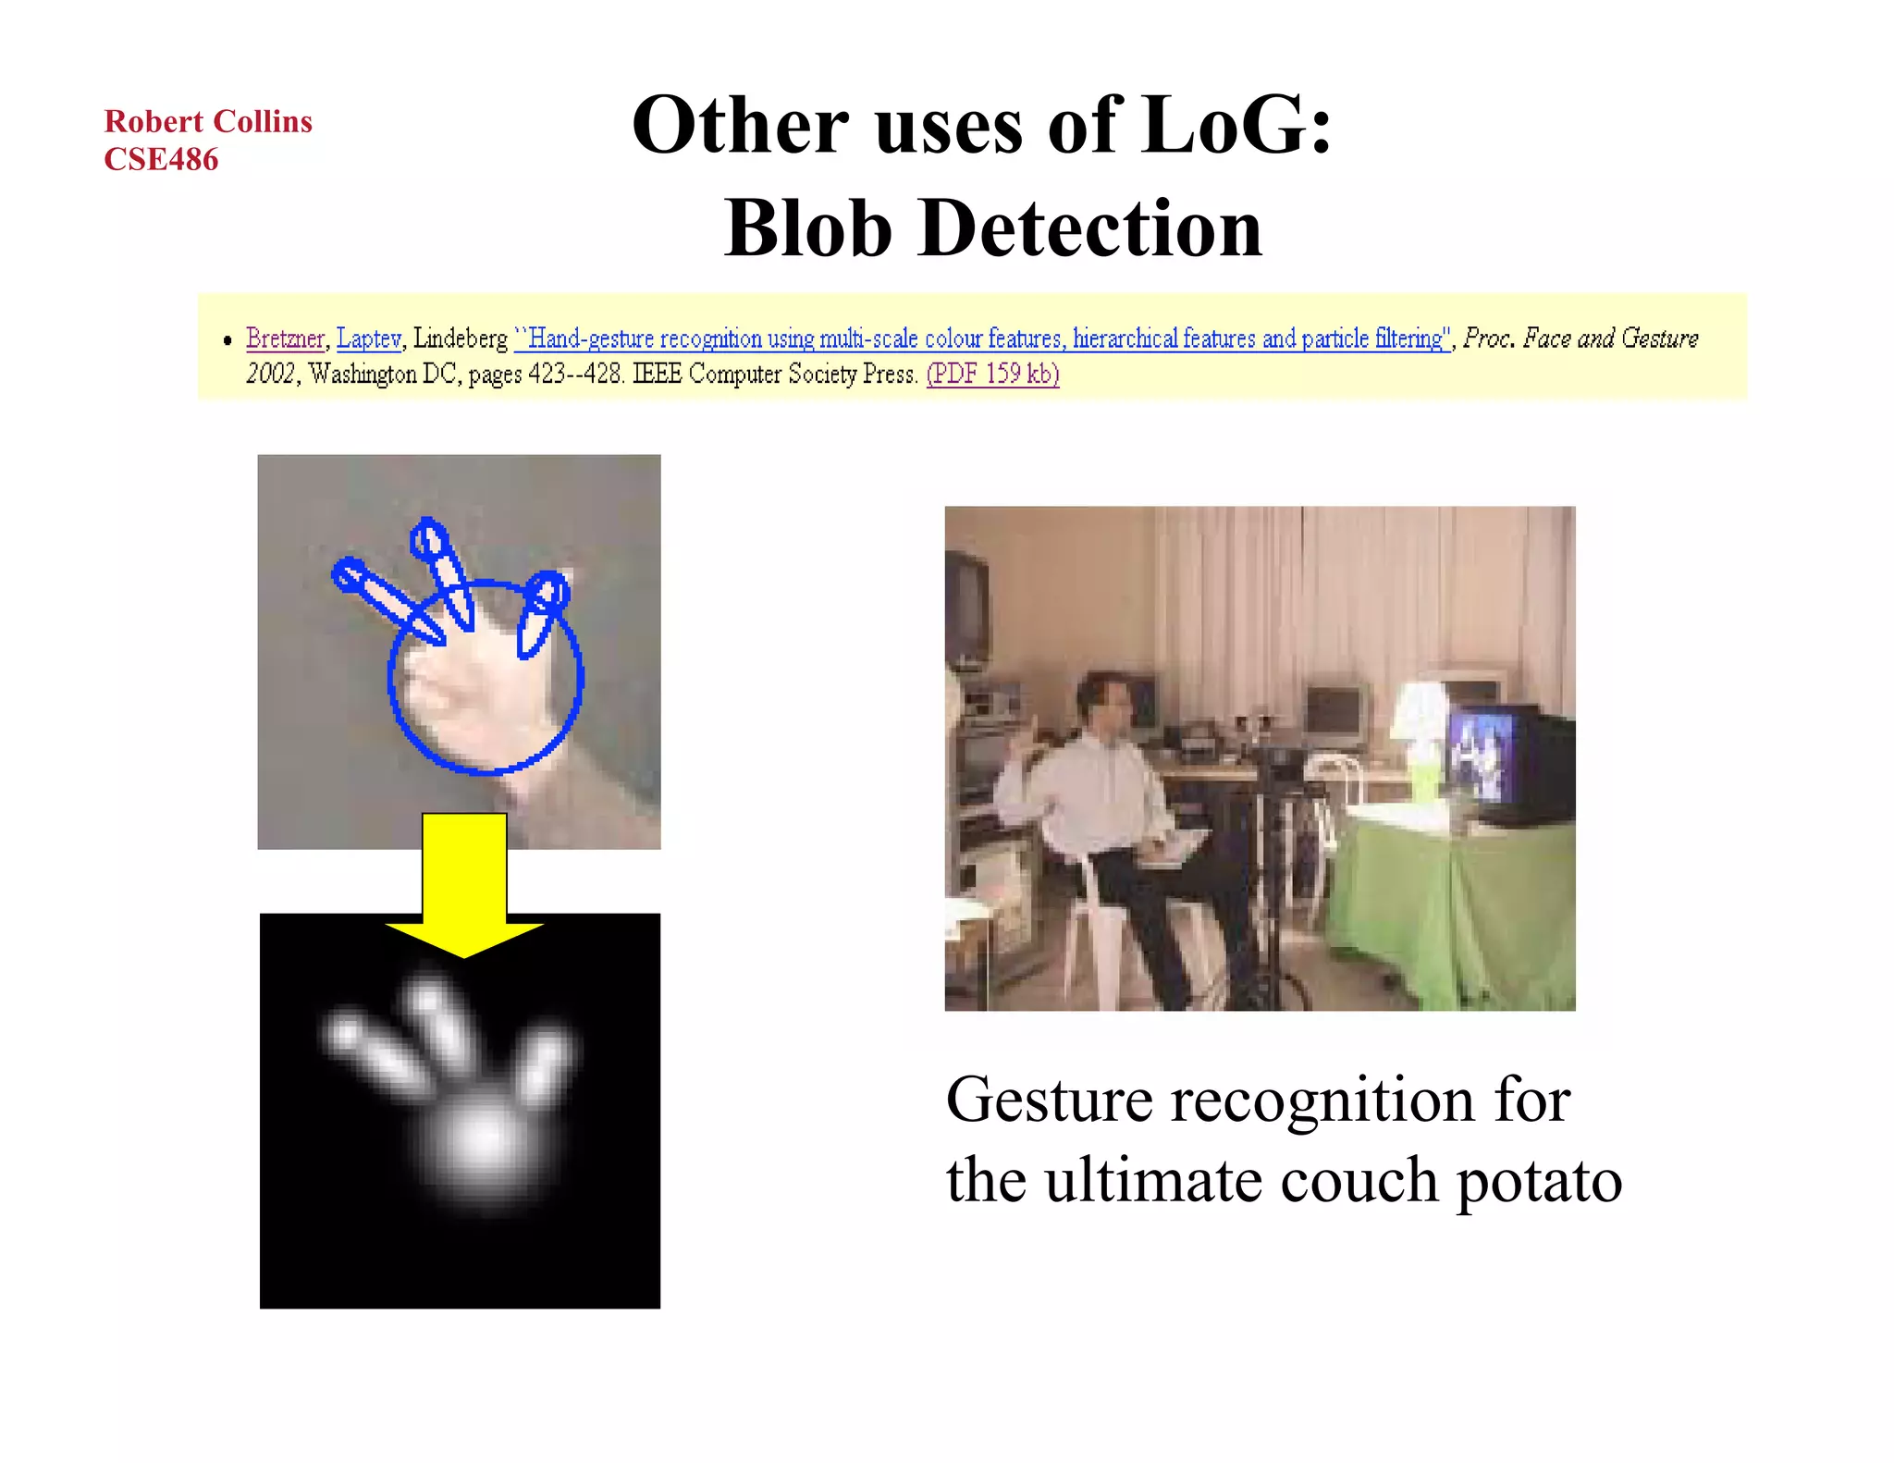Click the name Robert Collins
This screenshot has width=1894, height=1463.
tap(208, 121)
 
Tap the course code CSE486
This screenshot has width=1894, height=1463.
tap(161, 159)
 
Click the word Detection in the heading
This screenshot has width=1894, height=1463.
tap(1090, 228)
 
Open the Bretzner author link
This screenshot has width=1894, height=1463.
tap(285, 338)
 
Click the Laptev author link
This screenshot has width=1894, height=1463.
tap(369, 338)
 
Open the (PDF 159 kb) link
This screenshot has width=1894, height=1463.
tap(992, 374)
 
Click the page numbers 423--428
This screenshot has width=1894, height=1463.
tap(575, 374)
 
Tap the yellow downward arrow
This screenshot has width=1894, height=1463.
tap(464, 888)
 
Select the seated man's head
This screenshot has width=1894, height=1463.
tap(1103, 700)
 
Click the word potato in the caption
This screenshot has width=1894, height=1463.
tap(1539, 1181)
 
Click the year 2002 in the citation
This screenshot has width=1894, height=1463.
tap(270, 374)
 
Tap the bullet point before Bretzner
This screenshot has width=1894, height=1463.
tap(228, 341)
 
